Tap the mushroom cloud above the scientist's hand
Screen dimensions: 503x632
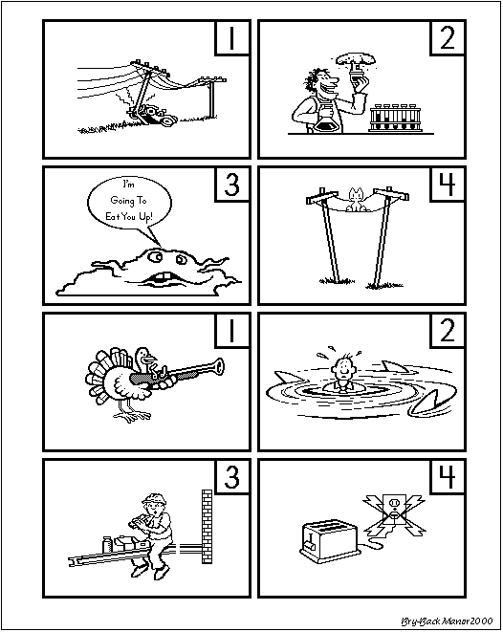point(357,59)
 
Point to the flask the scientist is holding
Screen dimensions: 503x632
point(327,120)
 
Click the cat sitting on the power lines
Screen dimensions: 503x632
point(357,200)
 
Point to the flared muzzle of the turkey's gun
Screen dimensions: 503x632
point(218,367)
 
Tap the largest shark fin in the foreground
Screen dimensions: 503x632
point(432,403)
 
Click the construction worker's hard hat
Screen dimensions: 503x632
point(154,499)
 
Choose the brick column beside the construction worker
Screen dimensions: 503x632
point(207,527)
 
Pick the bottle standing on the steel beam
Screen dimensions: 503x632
point(107,545)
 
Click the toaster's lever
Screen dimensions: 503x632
point(311,542)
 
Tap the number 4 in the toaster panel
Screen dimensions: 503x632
point(448,477)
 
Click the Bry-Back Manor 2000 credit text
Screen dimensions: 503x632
point(447,621)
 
